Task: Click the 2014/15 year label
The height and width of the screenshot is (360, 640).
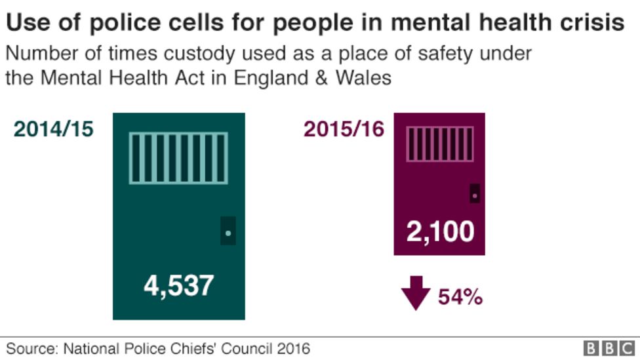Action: tap(54, 129)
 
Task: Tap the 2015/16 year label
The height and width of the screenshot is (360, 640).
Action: tap(344, 129)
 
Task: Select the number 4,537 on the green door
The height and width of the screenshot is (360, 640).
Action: tap(179, 285)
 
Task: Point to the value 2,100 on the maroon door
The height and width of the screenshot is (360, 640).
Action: tap(440, 231)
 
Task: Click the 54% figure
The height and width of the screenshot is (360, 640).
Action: tap(460, 297)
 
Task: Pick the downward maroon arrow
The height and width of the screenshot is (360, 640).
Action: tap(416, 292)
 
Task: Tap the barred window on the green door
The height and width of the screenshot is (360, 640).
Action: tap(178, 158)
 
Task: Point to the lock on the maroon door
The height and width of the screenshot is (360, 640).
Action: tap(474, 193)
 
